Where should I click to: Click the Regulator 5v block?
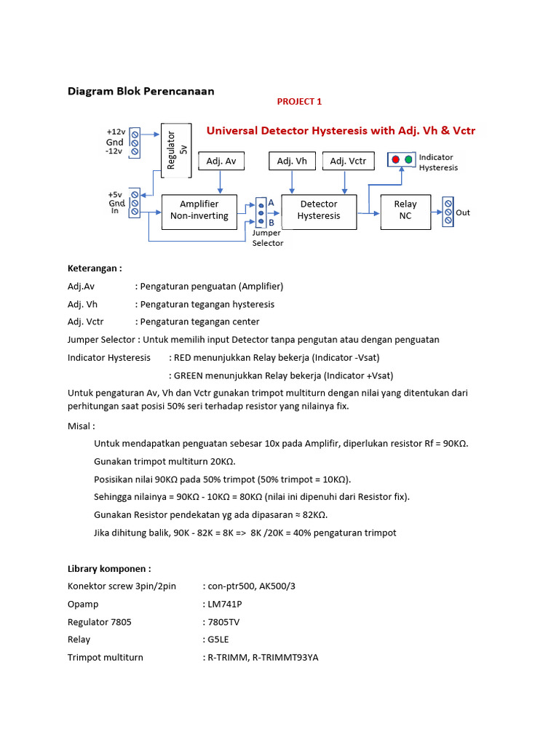pos(175,150)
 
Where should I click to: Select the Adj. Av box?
pos(221,161)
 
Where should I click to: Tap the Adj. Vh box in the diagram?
pos(292,161)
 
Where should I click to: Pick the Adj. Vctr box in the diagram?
pos(348,161)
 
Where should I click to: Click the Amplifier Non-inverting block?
pos(199,210)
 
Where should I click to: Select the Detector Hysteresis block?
pos(319,210)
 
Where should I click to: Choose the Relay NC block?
pos(405,210)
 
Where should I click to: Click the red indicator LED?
pos(395,159)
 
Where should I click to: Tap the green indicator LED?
pos(408,159)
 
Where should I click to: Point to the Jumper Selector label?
pos(267,238)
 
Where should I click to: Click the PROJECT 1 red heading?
pos(299,102)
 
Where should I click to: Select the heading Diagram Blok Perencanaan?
pos(141,91)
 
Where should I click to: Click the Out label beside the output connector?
pos(463,212)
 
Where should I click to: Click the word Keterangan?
pos(94,268)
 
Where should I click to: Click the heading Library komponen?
pos(109,568)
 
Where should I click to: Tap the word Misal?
pos(81,426)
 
